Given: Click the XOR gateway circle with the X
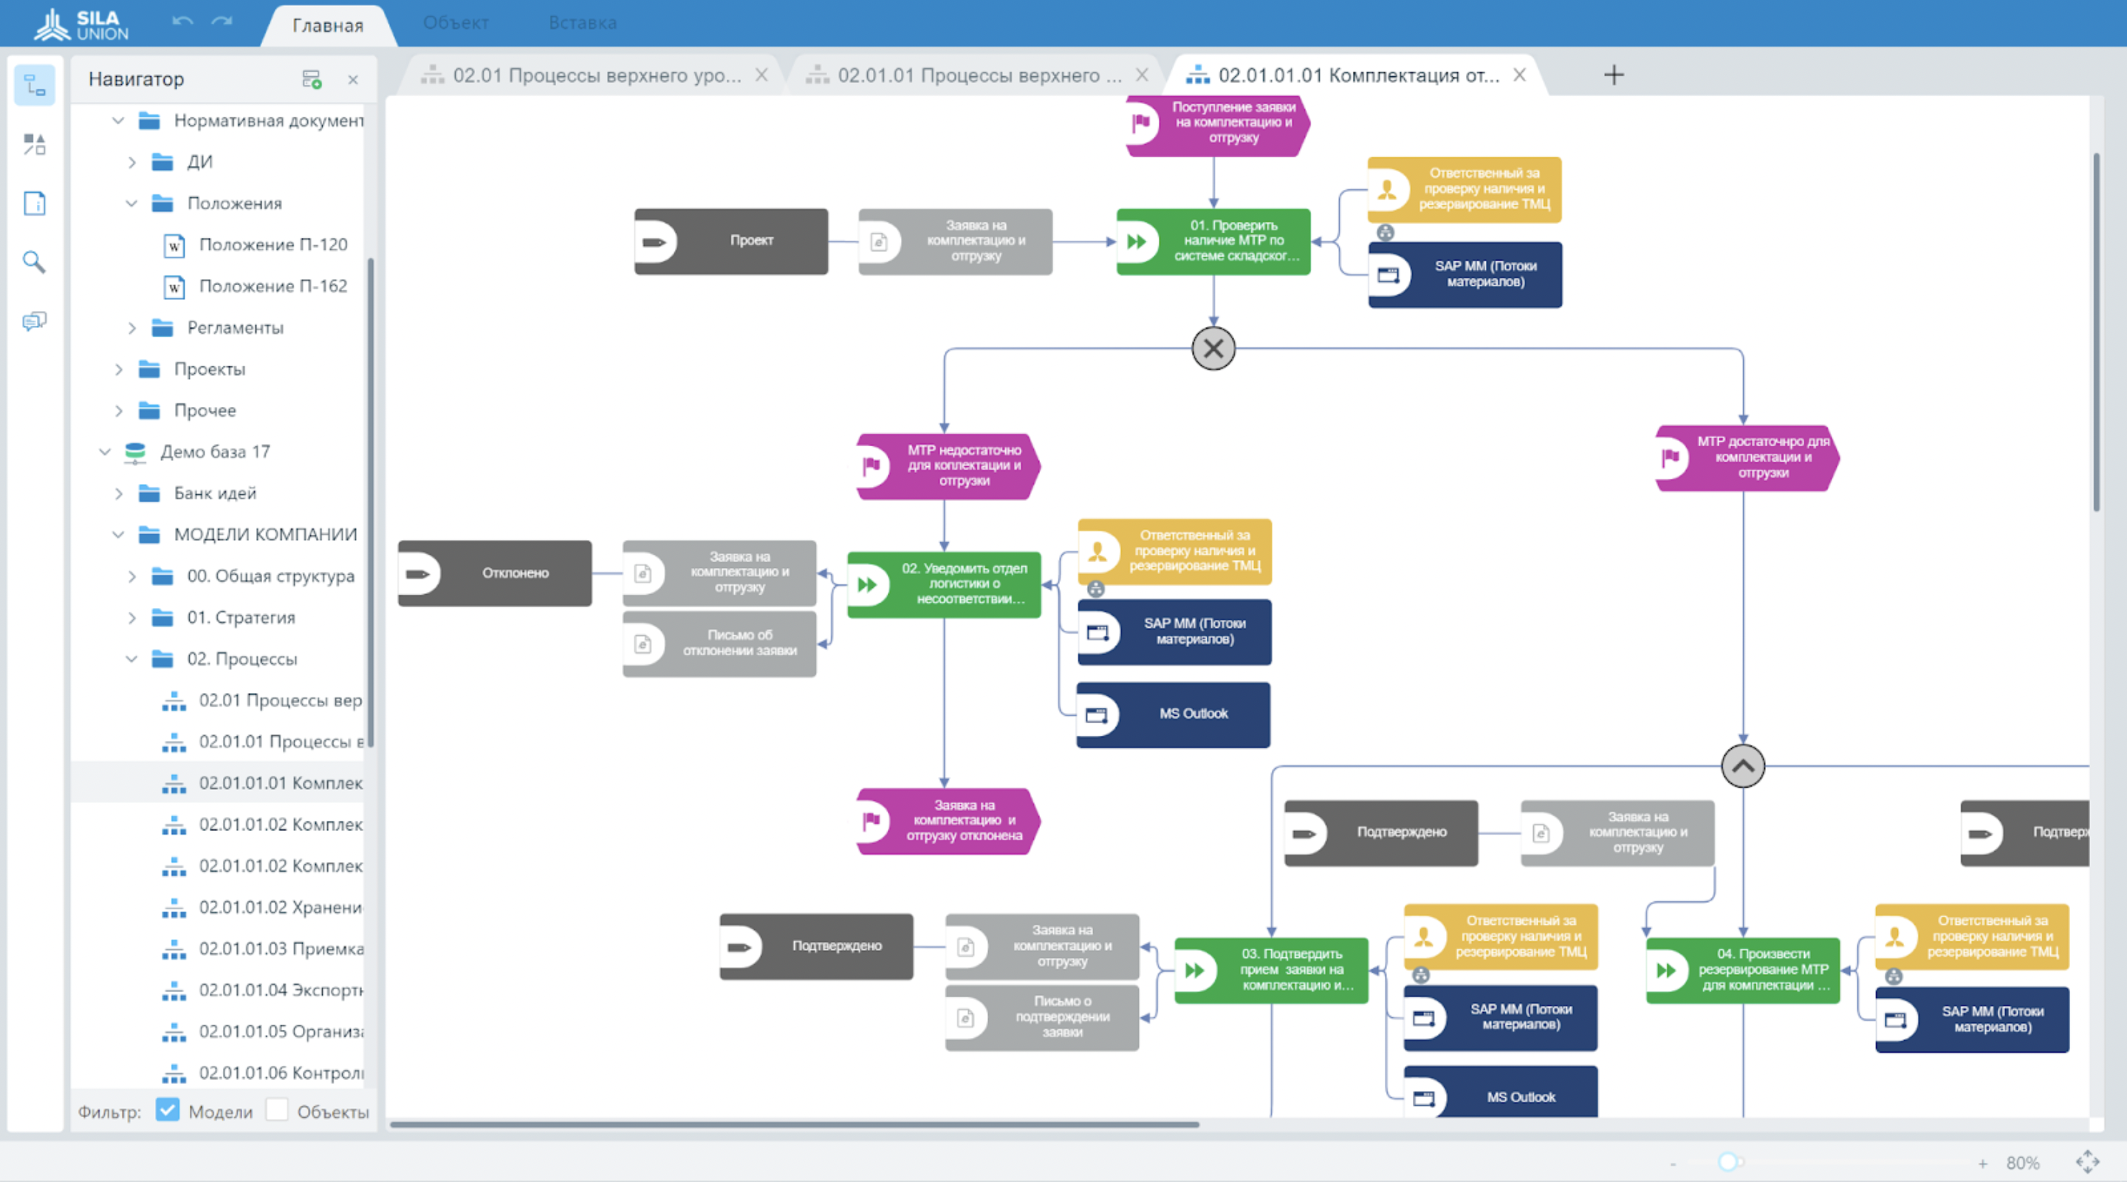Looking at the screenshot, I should point(1213,348).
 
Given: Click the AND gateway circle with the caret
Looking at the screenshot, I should point(1742,765).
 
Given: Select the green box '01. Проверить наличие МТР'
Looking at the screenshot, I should point(1213,241).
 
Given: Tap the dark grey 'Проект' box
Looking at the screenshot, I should point(730,241).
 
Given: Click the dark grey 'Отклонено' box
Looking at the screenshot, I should point(495,573).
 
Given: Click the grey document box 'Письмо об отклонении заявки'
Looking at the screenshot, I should point(719,643).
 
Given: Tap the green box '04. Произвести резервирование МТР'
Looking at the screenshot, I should point(1742,970).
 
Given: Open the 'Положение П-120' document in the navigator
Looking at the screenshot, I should point(273,245).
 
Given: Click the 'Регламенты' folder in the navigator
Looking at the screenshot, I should point(235,328).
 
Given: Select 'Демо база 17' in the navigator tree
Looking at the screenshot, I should point(215,452).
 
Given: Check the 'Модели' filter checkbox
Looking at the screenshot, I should point(168,1110).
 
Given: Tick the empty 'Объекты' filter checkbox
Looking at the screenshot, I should point(278,1110).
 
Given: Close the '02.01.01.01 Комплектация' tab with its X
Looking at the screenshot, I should point(1519,75).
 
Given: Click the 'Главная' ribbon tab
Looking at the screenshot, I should point(328,26).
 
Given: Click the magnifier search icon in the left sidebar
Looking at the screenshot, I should point(34,263).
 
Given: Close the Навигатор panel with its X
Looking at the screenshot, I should point(352,79).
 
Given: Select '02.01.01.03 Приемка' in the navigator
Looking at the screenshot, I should point(281,949).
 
